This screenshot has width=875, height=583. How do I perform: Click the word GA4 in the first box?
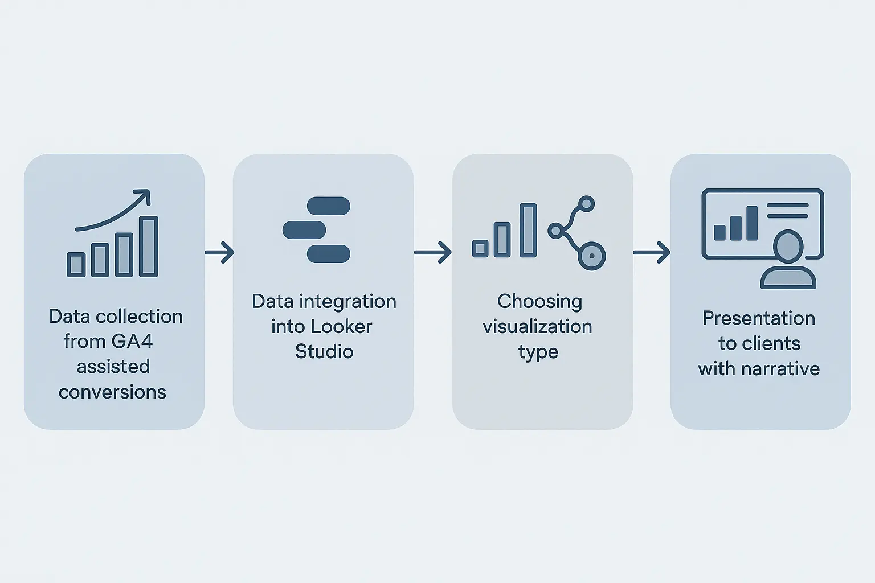pyautogui.click(x=132, y=342)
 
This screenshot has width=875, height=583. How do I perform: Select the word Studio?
pyautogui.click(x=324, y=352)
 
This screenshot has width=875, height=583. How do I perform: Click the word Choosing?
pyautogui.click(x=539, y=302)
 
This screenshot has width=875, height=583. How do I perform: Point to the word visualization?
pyautogui.click(x=537, y=327)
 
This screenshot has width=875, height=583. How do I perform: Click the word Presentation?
pyautogui.click(x=759, y=318)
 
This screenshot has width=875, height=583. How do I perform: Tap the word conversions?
pyautogui.click(x=112, y=392)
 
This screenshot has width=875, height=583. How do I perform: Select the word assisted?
pyautogui.click(x=113, y=367)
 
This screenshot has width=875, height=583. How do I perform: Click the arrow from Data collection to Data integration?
pyautogui.click(x=219, y=252)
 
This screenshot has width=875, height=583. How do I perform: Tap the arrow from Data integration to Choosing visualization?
pyautogui.click(x=433, y=252)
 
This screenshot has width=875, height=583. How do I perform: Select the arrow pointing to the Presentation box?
pyautogui.click(x=652, y=252)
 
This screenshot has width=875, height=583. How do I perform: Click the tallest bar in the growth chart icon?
pyautogui.click(x=149, y=247)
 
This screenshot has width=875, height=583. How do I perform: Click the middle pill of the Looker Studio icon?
pyautogui.click(x=304, y=230)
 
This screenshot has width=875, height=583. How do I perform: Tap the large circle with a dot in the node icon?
pyautogui.click(x=592, y=256)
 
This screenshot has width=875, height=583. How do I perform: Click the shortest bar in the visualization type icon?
pyautogui.click(x=480, y=248)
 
